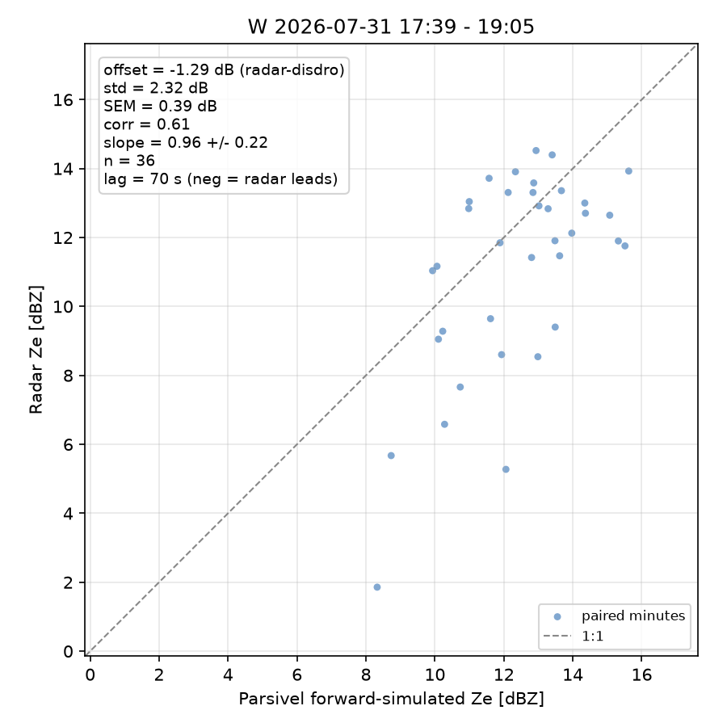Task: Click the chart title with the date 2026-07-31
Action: click(391, 27)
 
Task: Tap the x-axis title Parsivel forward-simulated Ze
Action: click(391, 698)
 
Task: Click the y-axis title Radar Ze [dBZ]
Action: click(36, 350)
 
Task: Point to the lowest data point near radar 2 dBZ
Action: click(377, 587)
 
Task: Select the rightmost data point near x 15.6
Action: click(628, 171)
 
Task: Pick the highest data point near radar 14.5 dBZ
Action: click(536, 151)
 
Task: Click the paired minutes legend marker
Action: click(557, 616)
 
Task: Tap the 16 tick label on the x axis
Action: click(641, 674)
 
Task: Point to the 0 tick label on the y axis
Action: click(68, 651)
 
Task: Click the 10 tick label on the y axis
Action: click(63, 306)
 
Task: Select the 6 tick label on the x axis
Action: click(296, 674)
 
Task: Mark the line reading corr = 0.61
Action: click(146, 124)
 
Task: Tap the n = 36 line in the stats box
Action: click(129, 161)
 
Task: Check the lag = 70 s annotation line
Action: click(221, 179)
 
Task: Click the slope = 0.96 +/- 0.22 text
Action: click(186, 142)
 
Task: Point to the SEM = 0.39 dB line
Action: click(160, 106)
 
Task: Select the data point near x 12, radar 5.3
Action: click(506, 469)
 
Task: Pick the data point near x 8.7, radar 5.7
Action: click(391, 456)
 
